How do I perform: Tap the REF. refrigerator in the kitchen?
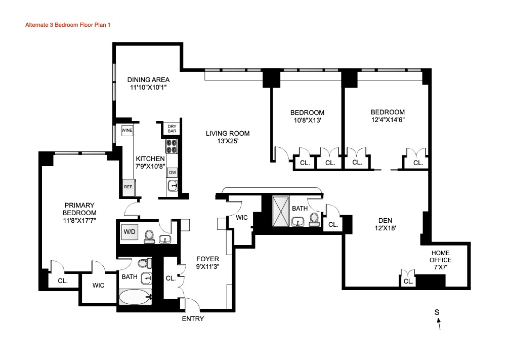(x=128, y=186)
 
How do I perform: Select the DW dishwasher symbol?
(x=173, y=172)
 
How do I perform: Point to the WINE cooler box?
(x=127, y=130)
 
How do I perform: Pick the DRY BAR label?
(x=172, y=129)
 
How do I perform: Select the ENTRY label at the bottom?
(x=193, y=318)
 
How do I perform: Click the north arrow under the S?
(x=438, y=324)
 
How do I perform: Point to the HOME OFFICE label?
(x=441, y=256)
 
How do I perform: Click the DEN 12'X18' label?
(x=387, y=224)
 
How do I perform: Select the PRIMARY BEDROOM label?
(x=78, y=209)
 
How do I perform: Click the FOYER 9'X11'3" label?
(x=207, y=262)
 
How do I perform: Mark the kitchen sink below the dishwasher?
(x=173, y=186)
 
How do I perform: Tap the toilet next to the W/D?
(x=149, y=236)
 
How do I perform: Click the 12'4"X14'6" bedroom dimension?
(x=388, y=120)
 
